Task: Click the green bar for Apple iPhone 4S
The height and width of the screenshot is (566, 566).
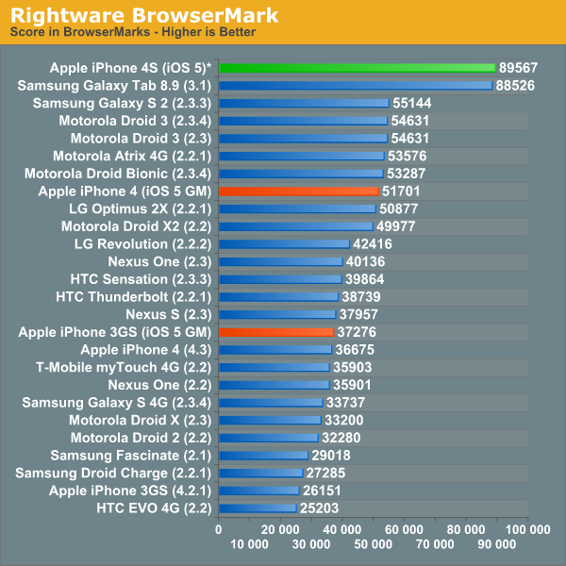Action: tap(357, 68)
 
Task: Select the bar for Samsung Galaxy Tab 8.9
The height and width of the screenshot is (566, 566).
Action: tap(355, 85)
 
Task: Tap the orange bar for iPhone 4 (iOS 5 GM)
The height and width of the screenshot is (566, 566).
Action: tap(298, 191)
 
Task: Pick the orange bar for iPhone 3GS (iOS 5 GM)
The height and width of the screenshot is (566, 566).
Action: tap(275, 332)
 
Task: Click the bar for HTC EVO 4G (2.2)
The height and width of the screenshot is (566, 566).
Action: tap(257, 508)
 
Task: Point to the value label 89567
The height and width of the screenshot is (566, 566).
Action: tap(520, 68)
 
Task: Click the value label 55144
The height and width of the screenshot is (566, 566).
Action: tap(413, 103)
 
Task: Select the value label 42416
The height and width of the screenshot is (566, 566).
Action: tap(374, 243)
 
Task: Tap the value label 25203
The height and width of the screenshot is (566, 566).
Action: tap(320, 508)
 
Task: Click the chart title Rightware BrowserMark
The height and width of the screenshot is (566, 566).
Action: tap(143, 14)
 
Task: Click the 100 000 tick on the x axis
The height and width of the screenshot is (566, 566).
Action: tap(526, 530)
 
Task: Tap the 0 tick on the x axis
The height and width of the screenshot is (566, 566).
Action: tap(219, 530)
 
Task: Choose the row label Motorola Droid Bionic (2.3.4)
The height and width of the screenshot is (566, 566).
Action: tap(119, 174)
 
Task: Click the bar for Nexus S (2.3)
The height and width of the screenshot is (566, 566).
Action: tap(276, 314)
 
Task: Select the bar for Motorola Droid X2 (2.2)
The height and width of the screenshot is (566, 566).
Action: tap(295, 226)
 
